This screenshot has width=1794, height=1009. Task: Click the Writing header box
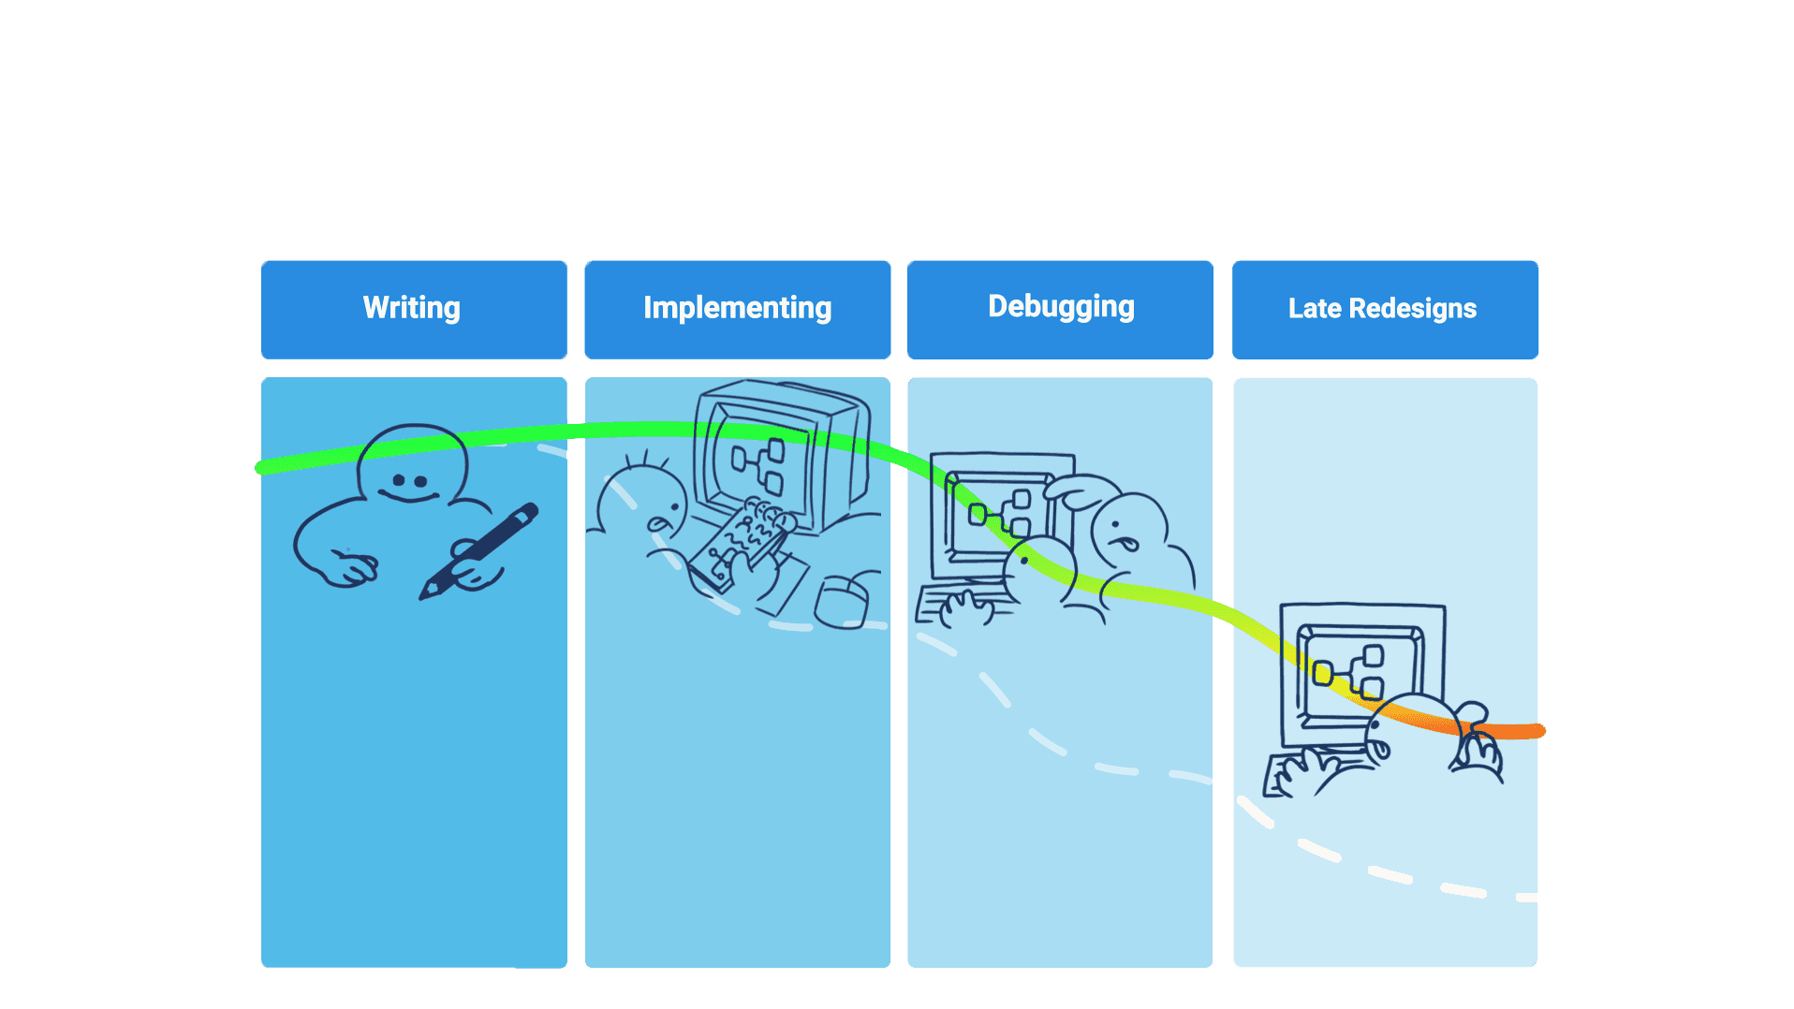[x=413, y=309]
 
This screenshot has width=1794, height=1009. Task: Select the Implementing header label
[x=737, y=308]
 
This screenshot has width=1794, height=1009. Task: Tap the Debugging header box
[x=1060, y=309]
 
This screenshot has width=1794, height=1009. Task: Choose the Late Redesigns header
[x=1385, y=309]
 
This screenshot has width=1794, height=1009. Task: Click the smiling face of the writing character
[x=409, y=484]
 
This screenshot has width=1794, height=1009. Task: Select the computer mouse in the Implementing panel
[x=842, y=602]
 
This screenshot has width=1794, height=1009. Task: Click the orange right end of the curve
[x=1536, y=730]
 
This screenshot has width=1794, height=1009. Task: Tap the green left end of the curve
[x=262, y=467]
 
